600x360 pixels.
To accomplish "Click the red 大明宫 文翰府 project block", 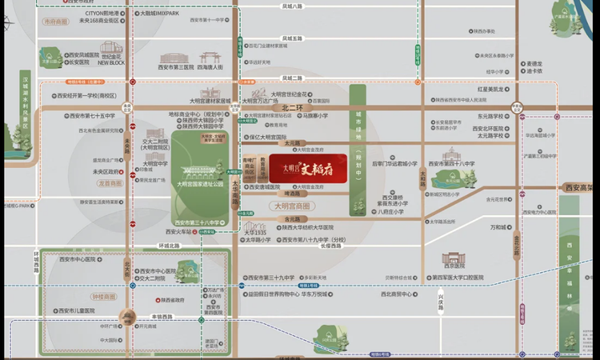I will (x=307, y=168).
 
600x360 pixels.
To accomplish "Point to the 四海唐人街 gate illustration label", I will (x=210, y=67).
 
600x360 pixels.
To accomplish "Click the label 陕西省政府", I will (x=170, y=299).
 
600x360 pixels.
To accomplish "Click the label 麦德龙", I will (x=534, y=63).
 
